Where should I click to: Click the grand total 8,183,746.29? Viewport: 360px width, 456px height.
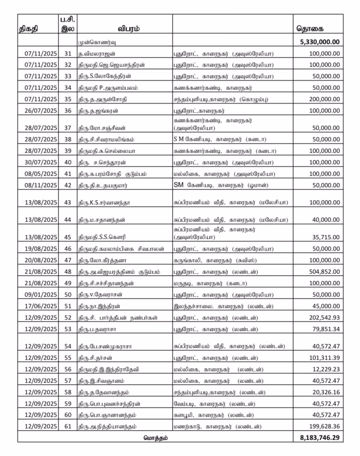[x=317, y=437]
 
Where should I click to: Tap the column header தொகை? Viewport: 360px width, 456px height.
[x=310, y=29]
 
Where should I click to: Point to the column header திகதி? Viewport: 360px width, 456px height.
[x=28, y=29]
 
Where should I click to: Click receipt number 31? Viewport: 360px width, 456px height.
[x=68, y=53]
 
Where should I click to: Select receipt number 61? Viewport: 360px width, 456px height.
[x=68, y=427]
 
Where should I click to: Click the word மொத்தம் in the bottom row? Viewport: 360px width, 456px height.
[x=155, y=437]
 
